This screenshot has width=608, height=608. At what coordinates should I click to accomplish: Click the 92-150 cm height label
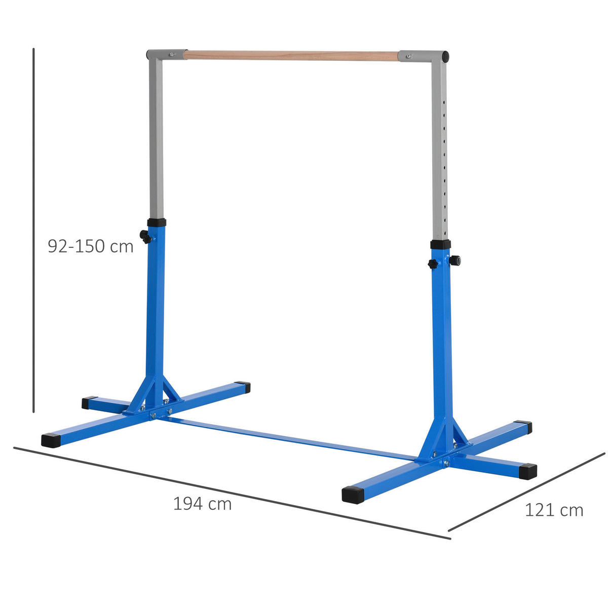[90, 246]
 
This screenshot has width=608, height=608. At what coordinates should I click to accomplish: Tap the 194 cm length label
[202, 504]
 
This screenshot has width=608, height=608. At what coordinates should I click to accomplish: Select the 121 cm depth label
[553, 510]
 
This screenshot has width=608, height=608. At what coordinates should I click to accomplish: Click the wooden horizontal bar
[291, 55]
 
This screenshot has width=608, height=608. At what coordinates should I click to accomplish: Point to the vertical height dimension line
[33, 228]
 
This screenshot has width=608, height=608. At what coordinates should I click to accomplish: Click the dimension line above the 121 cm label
[527, 491]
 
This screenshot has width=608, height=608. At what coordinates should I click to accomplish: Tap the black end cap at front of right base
[353, 494]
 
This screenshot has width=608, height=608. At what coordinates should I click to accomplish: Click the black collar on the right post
[440, 244]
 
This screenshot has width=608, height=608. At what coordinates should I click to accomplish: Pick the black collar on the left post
[157, 222]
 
